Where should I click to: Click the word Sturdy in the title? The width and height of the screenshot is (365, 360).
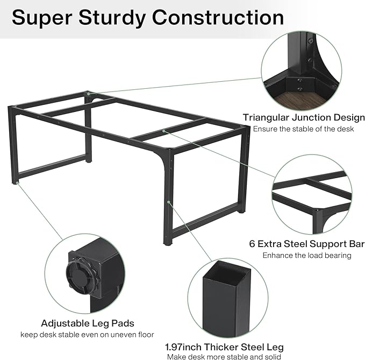pyautogui.click(x=112, y=18)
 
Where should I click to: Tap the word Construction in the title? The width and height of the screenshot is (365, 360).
pyautogui.click(x=218, y=17)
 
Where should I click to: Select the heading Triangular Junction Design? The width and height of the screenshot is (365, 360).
pyautogui.click(x=304, y=118)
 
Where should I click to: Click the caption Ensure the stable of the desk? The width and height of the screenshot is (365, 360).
pyautogui.click(x=303, y=129)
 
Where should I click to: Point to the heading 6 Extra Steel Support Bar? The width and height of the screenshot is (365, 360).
pyautogui.click(x=307, y=244)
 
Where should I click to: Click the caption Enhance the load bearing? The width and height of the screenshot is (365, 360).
pyautogui.click(x=307, y=256)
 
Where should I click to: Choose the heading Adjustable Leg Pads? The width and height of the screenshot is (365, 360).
pyautogui.click(x=88, y=323)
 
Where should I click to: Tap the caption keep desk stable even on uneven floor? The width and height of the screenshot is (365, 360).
pyautogui.click(x=87, y=335)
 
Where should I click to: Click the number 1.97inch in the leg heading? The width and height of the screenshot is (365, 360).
pyautogui.click(x=183, y=347)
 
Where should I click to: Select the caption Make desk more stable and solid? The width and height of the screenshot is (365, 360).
pyautogui.click(x=224, y=357)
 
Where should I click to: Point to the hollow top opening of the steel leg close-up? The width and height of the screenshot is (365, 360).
pyautogui.click(x=227, y=272)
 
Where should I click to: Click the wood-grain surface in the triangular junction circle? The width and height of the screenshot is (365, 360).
pyautogui.click(x=300, y=101)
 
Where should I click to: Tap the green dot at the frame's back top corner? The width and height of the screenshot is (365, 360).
pyautogui.click(x=88, y=94)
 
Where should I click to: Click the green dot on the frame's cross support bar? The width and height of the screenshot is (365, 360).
pyautogui.click(x=163, y=131)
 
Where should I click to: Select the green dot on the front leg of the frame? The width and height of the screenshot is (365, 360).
pyautogui.click(x=168, y=202)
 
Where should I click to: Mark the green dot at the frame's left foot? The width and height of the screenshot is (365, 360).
pyautogui.click(x=17, y=182)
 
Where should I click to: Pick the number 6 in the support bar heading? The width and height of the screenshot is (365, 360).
pyautogui.click(x=252, y=244)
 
